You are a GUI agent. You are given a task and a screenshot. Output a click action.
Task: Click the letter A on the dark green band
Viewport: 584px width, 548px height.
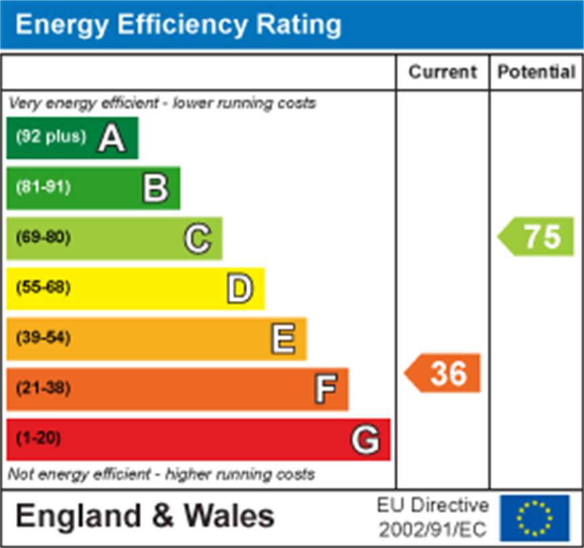[x=111, y=138]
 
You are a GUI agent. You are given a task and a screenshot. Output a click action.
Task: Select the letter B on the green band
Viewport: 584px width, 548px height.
[x=155, y=189]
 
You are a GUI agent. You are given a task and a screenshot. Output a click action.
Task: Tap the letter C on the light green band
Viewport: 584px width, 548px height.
[x=197, y=238]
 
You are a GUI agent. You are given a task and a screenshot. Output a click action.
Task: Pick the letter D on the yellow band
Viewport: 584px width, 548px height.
[x=240, y=289]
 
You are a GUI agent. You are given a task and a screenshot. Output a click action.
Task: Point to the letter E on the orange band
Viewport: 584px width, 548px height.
[x=283, y=339]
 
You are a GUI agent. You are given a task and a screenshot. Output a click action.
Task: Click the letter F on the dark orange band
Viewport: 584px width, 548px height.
[x=326, y=389]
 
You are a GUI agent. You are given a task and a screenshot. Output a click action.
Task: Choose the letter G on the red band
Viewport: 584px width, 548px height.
[x=366, y=440]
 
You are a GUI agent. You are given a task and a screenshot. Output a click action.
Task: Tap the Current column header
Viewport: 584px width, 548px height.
[x=442, y=72]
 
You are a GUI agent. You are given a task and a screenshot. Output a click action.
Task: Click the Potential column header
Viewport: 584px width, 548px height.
[x=536, y=72]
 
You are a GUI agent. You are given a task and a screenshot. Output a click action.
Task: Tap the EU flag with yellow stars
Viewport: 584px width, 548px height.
[x=534, y=518]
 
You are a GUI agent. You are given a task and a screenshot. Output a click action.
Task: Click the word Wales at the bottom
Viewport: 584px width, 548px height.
[x=229, y=516]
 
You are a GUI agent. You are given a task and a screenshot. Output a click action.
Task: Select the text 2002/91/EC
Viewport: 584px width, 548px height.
[x=432, y=529]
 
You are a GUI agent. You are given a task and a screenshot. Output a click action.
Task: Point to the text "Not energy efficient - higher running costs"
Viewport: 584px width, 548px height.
[x=161, y=475]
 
